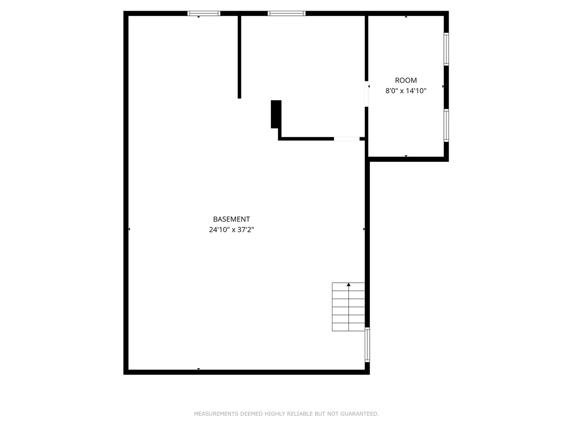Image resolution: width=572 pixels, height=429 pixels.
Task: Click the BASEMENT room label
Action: (x=231, y=219)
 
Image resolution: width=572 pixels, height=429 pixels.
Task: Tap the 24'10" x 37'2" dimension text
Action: (x=231, y=230)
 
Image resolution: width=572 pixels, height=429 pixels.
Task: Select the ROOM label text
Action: (x=406, y=80)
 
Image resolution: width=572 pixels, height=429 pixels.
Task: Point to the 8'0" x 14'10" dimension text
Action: (x=406, y=91)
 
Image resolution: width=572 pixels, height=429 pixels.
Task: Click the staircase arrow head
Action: (x=349, y=285)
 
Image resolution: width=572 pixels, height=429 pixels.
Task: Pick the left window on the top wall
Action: (x=204, y=13)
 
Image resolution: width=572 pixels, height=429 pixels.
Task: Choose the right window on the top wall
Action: (x=286, y=13)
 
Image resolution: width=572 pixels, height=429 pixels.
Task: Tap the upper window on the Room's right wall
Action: (x=446, y=49)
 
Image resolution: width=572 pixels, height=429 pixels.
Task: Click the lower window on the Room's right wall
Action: (x=446, y=125)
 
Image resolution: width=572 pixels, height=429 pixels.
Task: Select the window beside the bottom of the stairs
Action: (x=367, y=344)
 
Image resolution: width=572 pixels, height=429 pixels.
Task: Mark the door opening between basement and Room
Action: (x=366, y=94)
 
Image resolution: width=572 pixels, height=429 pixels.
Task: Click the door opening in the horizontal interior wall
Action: (x=347, y=139)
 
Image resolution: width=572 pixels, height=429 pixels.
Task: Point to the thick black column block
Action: (x=276, y=114)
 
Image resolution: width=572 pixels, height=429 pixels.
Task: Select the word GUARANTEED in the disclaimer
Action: (x=359, y=414)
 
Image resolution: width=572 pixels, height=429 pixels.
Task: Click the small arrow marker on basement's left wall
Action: (x=129, y=229)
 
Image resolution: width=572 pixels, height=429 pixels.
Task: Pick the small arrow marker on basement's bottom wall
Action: (x=198, y=369)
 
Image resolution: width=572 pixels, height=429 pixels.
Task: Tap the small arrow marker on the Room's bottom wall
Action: (x=406, y=156)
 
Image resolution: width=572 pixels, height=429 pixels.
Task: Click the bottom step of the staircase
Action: (x=349, y=327)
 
